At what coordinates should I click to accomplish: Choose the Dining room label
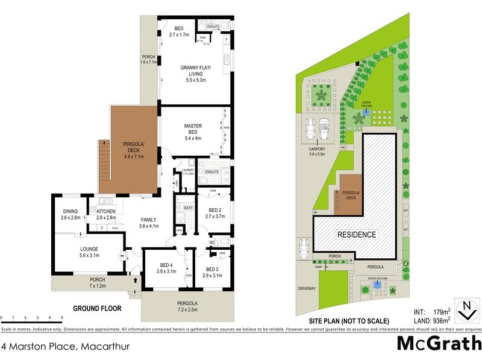click(x=70, y=214)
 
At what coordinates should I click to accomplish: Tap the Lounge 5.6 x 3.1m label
click(x=86, y=252)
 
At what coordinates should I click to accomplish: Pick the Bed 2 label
click(x=214, y=212)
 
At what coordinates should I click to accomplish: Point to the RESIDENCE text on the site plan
click(x=356, y=235)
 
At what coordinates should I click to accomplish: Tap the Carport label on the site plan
click(x=316, y=151)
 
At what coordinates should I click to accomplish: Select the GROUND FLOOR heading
click(x=97, y=308)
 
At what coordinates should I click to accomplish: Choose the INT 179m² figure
click(x=433, y=312)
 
